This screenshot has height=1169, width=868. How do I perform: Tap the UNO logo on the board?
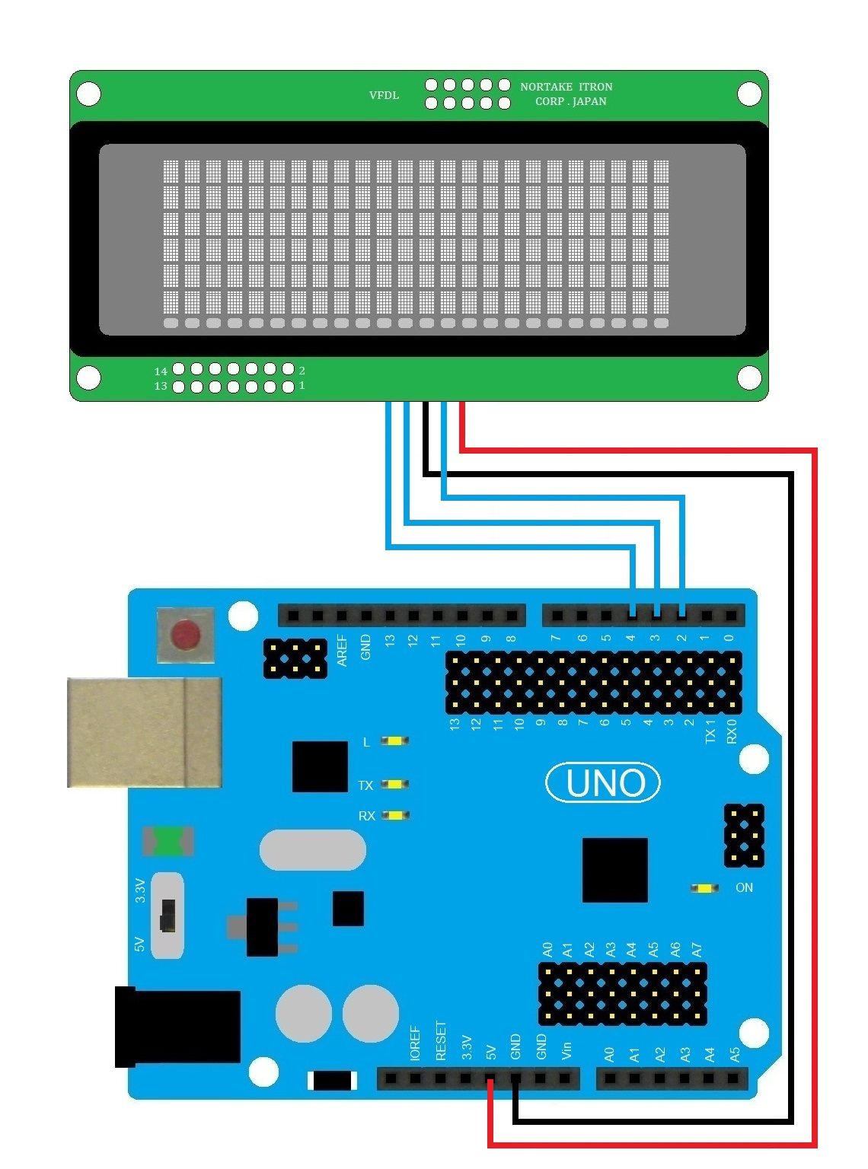[603, 782]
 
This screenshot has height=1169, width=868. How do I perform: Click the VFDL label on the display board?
[384, 95]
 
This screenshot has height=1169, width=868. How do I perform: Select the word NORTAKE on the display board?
[546, 87]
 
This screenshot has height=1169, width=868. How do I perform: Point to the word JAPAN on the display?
[589, 101]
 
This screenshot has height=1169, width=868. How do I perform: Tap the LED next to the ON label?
[704, 888]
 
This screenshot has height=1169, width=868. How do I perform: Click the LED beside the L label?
[394, 741]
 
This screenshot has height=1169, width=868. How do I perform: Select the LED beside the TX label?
[394, 784]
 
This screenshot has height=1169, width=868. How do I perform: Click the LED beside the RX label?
[394, 815]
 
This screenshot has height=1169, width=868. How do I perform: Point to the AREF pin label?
[342, 651]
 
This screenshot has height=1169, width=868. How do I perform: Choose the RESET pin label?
[441, 1041]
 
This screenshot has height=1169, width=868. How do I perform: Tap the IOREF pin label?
[415, 1043]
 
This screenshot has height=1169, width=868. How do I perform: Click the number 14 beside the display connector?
[160, 371]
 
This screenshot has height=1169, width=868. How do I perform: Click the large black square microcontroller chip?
[614, 870]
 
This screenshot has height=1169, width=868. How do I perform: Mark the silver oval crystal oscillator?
[312, 849]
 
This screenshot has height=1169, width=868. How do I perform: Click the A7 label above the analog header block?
[696, 949]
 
